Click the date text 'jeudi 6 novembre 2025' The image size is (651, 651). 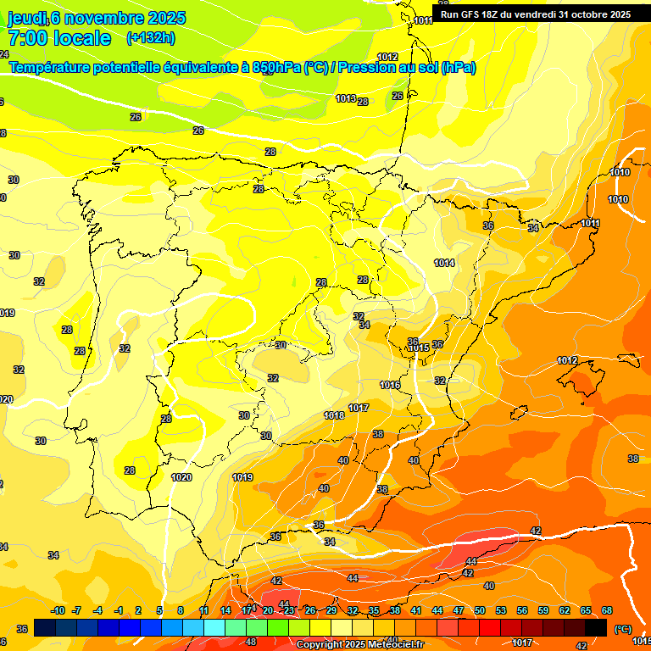[x=97, y=18]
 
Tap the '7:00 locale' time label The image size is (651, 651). [x=59, y=38]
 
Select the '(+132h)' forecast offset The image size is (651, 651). [x=151, y=38]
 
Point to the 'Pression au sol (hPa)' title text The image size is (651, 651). [x=407, y=68]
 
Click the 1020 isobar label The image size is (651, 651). [x=181, y=477]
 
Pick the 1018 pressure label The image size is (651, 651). [x=334, y=415]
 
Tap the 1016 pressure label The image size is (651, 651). [x=390, y=385]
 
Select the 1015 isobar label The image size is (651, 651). [x=418, y=348]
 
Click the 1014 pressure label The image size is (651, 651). [x=444, y=263]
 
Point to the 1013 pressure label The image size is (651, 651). [x=345, y=98]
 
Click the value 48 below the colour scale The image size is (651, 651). [x=251, y=642]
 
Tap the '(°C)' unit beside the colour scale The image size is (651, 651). [x=623, y=629]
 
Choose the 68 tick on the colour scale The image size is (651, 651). [x=607, y=610]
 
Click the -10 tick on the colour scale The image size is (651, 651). [x=58, y=610]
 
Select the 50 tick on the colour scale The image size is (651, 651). [x=480, y=610]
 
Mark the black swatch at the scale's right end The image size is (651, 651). [x=596, y=627]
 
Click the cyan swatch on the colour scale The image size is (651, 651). [x=214, y=627]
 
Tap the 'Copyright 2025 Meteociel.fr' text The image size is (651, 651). [x=360, y=644]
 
